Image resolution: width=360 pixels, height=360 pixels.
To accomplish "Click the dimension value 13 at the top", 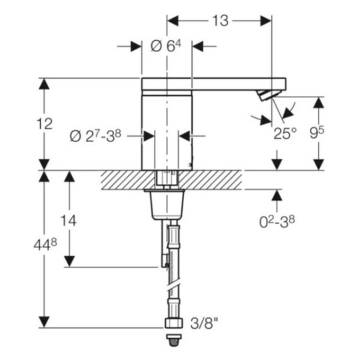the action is pos(220,21).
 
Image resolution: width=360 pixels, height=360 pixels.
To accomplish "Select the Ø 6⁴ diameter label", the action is pos(166,46).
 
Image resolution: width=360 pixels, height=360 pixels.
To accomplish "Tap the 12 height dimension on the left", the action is pos(45,124).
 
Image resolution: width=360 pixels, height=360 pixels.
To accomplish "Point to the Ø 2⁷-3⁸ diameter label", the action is pos(95,136).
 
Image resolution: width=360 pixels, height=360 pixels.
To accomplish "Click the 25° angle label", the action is pos(285,133).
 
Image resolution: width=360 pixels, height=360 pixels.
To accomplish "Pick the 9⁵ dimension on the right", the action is pos(317,133).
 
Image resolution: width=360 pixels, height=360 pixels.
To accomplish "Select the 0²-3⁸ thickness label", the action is pos(277,221).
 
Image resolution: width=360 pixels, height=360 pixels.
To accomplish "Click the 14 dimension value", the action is pos(69,221).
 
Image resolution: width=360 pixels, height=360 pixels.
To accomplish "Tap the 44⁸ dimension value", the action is pos(45,245).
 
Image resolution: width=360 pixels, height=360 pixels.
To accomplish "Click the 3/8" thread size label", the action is pos(204,323).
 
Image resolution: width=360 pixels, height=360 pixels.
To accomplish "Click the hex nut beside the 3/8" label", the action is pos(174,323).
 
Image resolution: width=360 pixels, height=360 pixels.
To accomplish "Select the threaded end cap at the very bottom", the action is pos(174,341).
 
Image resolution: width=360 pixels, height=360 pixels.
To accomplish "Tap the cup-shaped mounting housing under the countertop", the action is pos(167,205).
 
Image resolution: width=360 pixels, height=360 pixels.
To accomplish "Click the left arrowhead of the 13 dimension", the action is pos(173,21).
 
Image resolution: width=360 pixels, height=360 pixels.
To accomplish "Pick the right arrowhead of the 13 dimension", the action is pos(266,21).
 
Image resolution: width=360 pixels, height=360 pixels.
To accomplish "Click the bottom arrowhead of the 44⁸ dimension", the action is pos(44,322).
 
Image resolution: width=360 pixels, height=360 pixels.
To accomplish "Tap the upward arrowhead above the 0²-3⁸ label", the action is pos(277,195).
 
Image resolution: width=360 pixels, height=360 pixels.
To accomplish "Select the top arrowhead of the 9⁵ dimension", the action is pos(319,102).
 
